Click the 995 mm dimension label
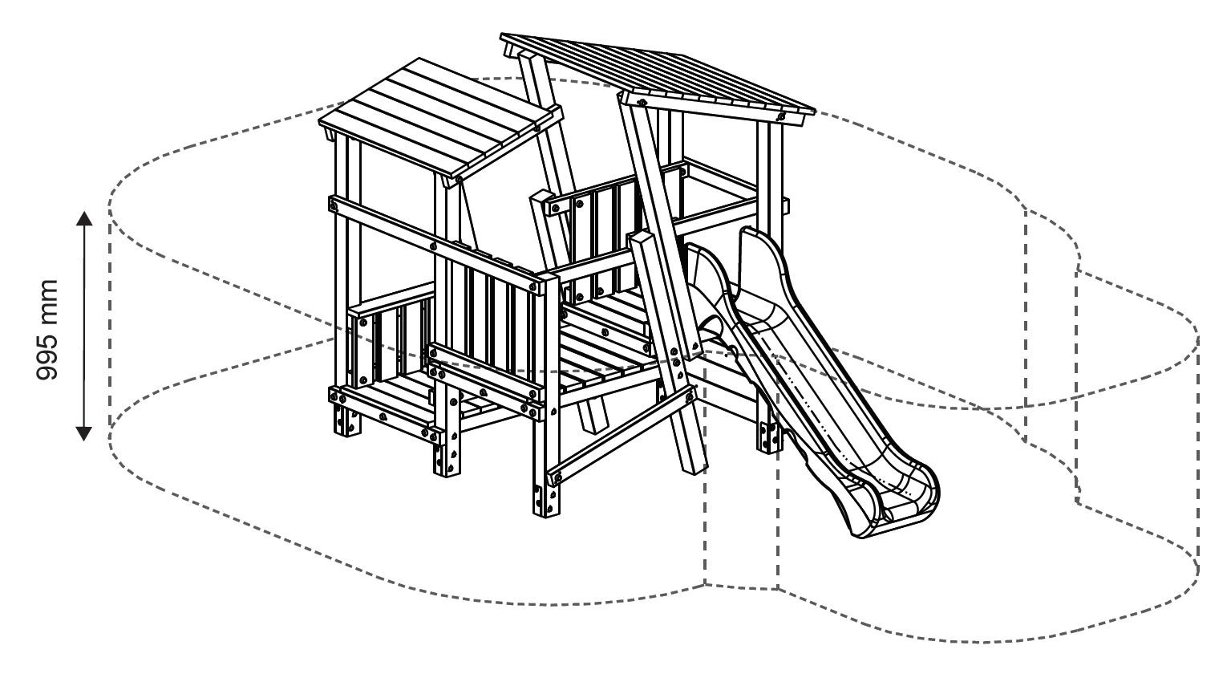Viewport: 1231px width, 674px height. click(49, 330)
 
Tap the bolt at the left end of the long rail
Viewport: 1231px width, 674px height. click(331, 204)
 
